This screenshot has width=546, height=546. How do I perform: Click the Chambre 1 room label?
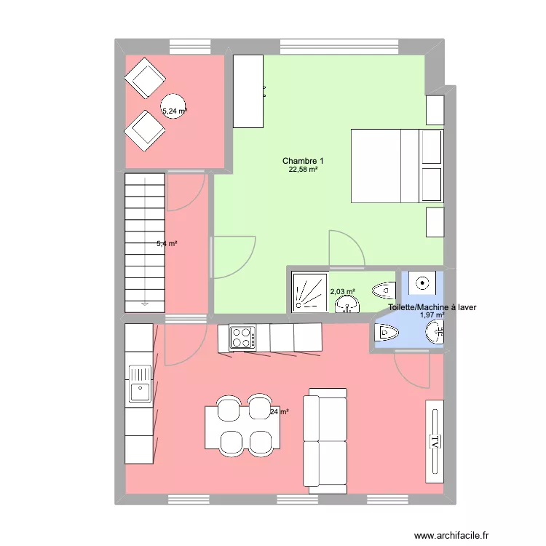[x=304, y=161]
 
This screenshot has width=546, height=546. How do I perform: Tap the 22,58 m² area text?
[x=304, y=170]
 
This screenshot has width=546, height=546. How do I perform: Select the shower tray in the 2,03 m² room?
[x=309, y=291]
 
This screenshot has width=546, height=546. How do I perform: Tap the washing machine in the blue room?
[x=421, y=282]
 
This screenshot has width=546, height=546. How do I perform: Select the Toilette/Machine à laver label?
[x=432, y=308]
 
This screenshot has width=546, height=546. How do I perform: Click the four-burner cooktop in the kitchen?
[x=242, y=338]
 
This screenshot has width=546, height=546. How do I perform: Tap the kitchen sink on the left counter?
[x=139, y=384]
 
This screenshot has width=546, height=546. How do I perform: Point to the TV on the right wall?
[x=434, y=440]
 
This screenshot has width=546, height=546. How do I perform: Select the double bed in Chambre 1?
[x=397, y=166]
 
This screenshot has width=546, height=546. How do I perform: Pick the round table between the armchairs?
[x=173, y=107]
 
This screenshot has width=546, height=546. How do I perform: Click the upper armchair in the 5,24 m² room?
[x=144, y=77]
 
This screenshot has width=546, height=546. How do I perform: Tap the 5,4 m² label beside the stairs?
[x=167, y=244]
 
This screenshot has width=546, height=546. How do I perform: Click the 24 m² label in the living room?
[x=280, y=412]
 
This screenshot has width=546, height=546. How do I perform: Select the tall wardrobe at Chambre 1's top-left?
[x=248, y=91]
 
